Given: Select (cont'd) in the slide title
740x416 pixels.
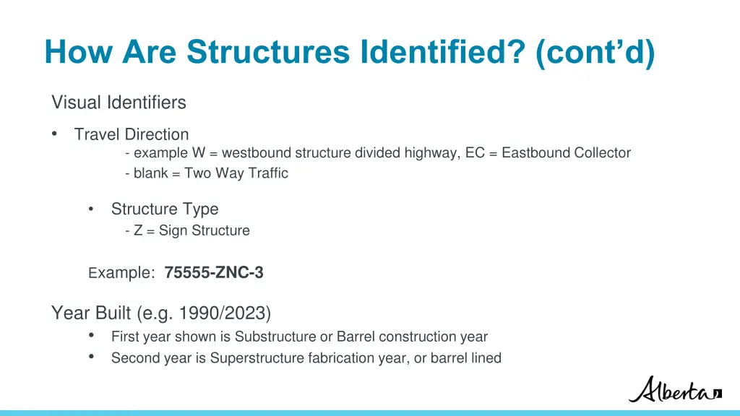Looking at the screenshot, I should [x=595, y=51].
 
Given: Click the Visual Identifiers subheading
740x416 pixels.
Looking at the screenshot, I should [x=119, y=103].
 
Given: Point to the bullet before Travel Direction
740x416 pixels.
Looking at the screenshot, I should [x=55, y=134].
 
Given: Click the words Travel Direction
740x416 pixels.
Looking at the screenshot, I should [x=131, y=134].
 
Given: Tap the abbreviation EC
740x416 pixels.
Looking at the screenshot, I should [x=475, y=153].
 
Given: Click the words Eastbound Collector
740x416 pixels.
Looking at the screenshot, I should [x=566, y=153].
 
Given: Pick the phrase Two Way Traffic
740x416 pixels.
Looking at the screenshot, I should [x=236, y=173].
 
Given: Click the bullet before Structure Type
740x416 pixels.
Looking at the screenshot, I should [x=91, y=209].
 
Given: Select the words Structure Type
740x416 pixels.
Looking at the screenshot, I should [x=164, y=209].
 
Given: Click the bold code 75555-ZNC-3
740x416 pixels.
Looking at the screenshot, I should [x=214, y=273].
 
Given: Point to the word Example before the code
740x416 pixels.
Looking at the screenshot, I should [x=121, y=273].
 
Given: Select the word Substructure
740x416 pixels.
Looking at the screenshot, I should [x=275, y=337].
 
